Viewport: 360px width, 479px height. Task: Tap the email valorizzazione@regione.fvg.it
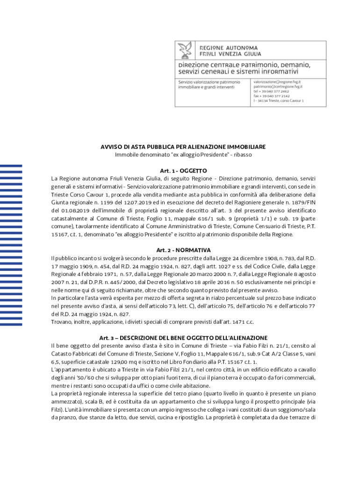click(278, 81)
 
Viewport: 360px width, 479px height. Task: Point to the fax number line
click(272, 96)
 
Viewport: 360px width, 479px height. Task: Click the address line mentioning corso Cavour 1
click(279, 101)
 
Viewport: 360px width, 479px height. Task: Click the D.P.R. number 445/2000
click(108, 282)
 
